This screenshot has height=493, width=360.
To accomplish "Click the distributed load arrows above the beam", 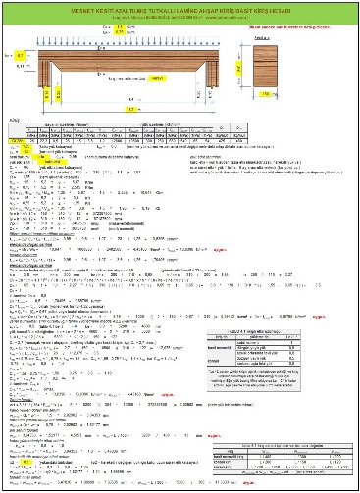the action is (x=129, y=43).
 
